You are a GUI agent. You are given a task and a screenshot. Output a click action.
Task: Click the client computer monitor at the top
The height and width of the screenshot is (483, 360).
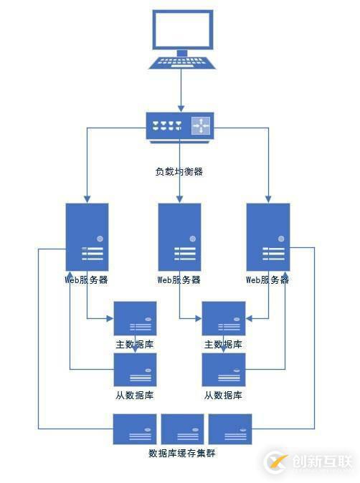click(182, 29)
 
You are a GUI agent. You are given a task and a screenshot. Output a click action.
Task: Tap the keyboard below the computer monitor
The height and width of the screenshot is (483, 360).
click(182, 62)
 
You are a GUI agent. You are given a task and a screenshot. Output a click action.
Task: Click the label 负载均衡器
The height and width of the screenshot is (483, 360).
click(179, 172)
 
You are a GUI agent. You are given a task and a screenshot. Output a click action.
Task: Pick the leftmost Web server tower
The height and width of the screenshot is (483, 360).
click(87, 236)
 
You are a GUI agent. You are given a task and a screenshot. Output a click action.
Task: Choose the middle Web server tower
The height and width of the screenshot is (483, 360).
click(179, 236)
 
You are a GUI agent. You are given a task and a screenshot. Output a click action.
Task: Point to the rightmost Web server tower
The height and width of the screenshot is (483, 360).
click(268, 236)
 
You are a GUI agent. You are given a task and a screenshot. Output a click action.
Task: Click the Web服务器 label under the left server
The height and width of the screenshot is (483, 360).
click(87, 279)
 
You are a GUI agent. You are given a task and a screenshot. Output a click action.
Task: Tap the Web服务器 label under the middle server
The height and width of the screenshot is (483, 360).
click(179, 279)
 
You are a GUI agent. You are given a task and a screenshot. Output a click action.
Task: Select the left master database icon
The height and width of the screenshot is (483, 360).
click(135, 318)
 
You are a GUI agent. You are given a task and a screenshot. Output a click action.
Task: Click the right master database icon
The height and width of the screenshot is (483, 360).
click(223, 318)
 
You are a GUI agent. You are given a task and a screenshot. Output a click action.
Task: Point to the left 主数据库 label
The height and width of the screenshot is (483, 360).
click(135, 344)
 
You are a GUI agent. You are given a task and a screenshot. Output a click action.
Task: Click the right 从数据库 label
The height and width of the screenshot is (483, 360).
click(223, 395)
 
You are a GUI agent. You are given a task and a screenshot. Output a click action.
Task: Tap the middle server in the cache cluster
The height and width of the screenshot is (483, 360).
click(183, 429)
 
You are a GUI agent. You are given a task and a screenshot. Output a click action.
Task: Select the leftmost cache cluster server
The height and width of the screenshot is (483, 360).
click(135, 429)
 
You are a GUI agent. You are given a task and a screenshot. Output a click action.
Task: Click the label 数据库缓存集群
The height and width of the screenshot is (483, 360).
click(182, 453)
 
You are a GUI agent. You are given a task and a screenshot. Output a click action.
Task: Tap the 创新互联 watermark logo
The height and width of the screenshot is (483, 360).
click(308, 462)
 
